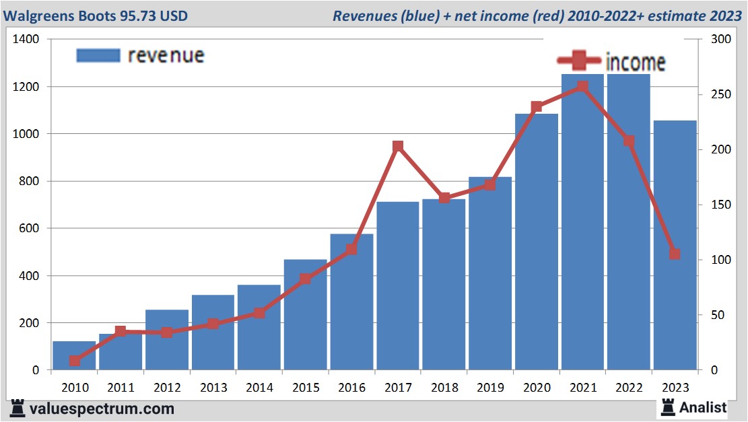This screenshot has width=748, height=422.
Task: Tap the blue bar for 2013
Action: [x=213, y=332]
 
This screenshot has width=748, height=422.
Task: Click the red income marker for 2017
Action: [x=398, y=147]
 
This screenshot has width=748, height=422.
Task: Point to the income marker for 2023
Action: [x=675, y=254]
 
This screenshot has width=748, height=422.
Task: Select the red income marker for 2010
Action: [x=75, y=361]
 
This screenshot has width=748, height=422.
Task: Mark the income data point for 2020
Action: [x=537, y=107]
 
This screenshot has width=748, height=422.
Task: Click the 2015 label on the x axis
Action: [x=305, y=388]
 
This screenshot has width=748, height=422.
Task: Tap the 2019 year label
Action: [x=490, y=388]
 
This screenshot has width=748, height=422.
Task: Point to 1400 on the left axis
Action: [x=26, y=40]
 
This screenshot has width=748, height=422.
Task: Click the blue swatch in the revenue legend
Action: [x=98, y=55]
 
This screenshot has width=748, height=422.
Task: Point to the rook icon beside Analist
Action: [x=669, y=407]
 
